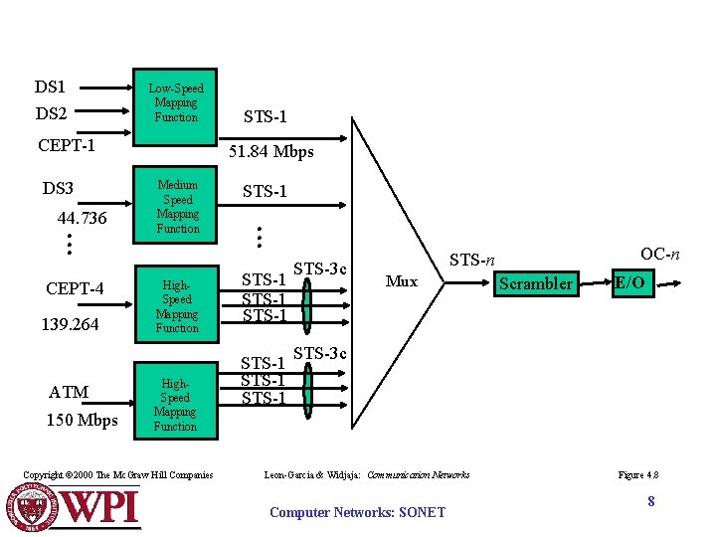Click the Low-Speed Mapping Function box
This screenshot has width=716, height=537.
[176, 102]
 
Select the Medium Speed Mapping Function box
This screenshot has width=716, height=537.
[177, 207]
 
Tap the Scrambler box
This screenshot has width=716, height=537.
[536, 283]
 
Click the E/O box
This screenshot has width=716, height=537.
[629, 283]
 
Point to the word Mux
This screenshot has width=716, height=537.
[401, 281]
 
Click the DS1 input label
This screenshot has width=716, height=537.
[50, 88]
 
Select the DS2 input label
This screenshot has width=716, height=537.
[50, 114]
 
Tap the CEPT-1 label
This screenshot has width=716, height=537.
[67, 146]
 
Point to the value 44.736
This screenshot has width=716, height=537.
[83, 218]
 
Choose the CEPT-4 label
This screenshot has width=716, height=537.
[76, 289]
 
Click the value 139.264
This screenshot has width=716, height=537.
[70, 324]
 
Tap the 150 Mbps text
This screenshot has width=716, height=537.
[82, 421]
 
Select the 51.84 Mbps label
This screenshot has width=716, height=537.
[271, 152]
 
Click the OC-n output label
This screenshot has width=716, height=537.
[660, 255]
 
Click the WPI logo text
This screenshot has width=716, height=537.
[102, 507]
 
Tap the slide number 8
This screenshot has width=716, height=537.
[651, 502]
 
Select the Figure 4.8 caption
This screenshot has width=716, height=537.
[638, 475]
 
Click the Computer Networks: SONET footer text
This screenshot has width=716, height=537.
[358, 512]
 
